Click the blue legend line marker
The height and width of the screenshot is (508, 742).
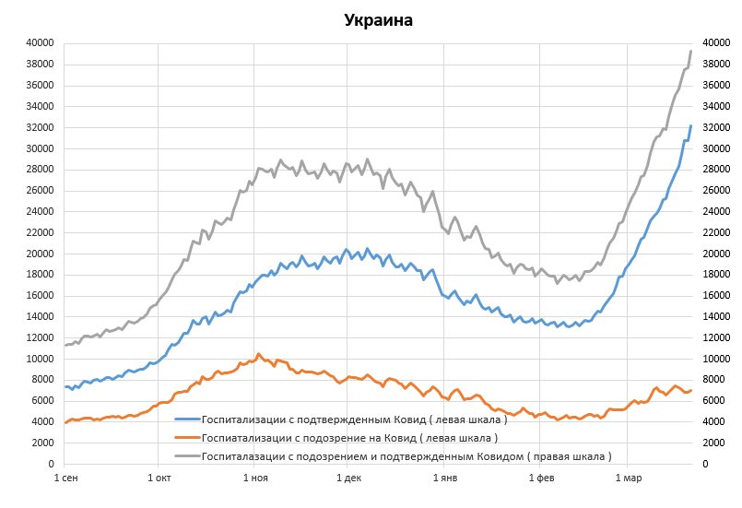(x=187, y=419)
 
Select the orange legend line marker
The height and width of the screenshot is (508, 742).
(x=187, y=437)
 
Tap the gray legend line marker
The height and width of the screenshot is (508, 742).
(x=187, y=455)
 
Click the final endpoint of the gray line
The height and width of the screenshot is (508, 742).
(x=690, y=51)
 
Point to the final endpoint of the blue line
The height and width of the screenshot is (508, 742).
(x=690, y=125)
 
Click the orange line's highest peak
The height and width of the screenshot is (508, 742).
(x=259, y=353)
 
